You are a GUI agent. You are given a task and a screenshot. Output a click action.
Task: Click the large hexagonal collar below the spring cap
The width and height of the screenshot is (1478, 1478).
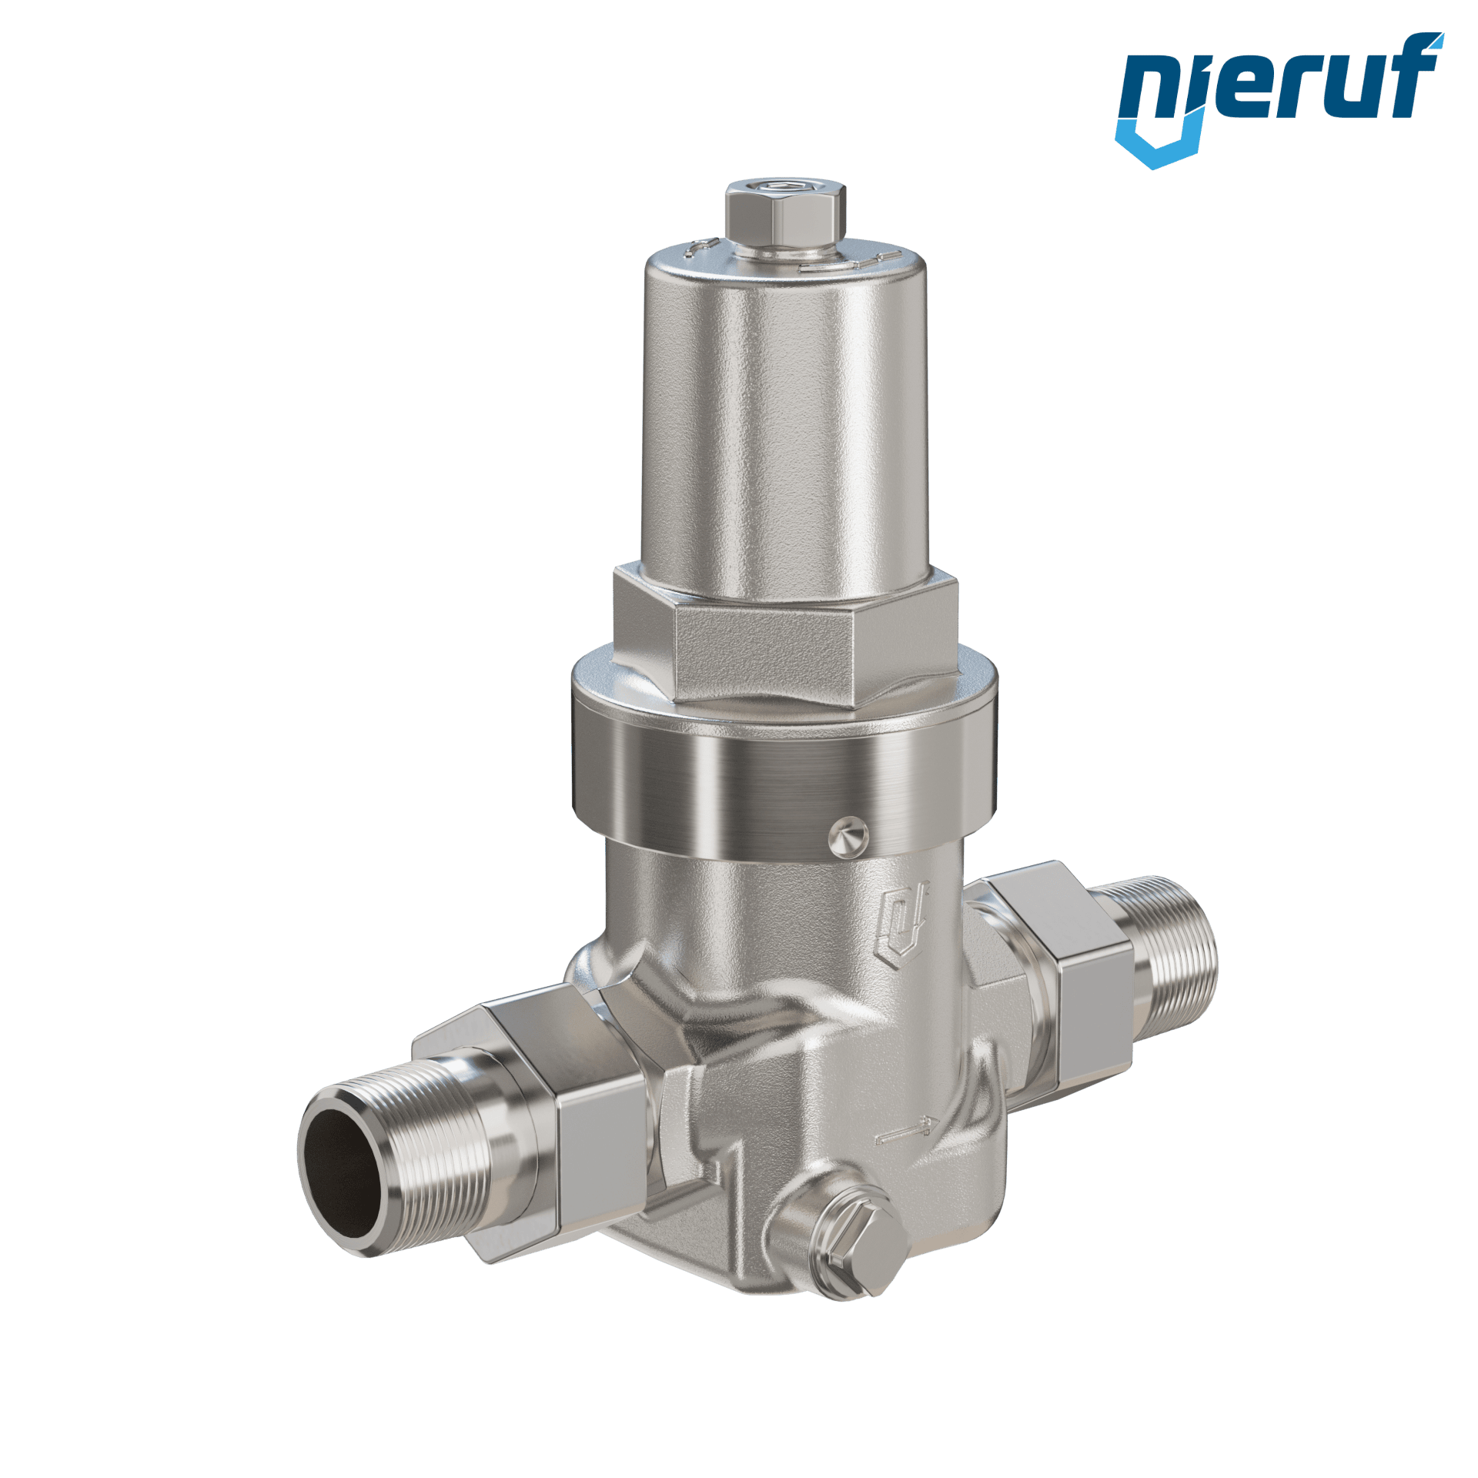[x=785, y=634]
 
